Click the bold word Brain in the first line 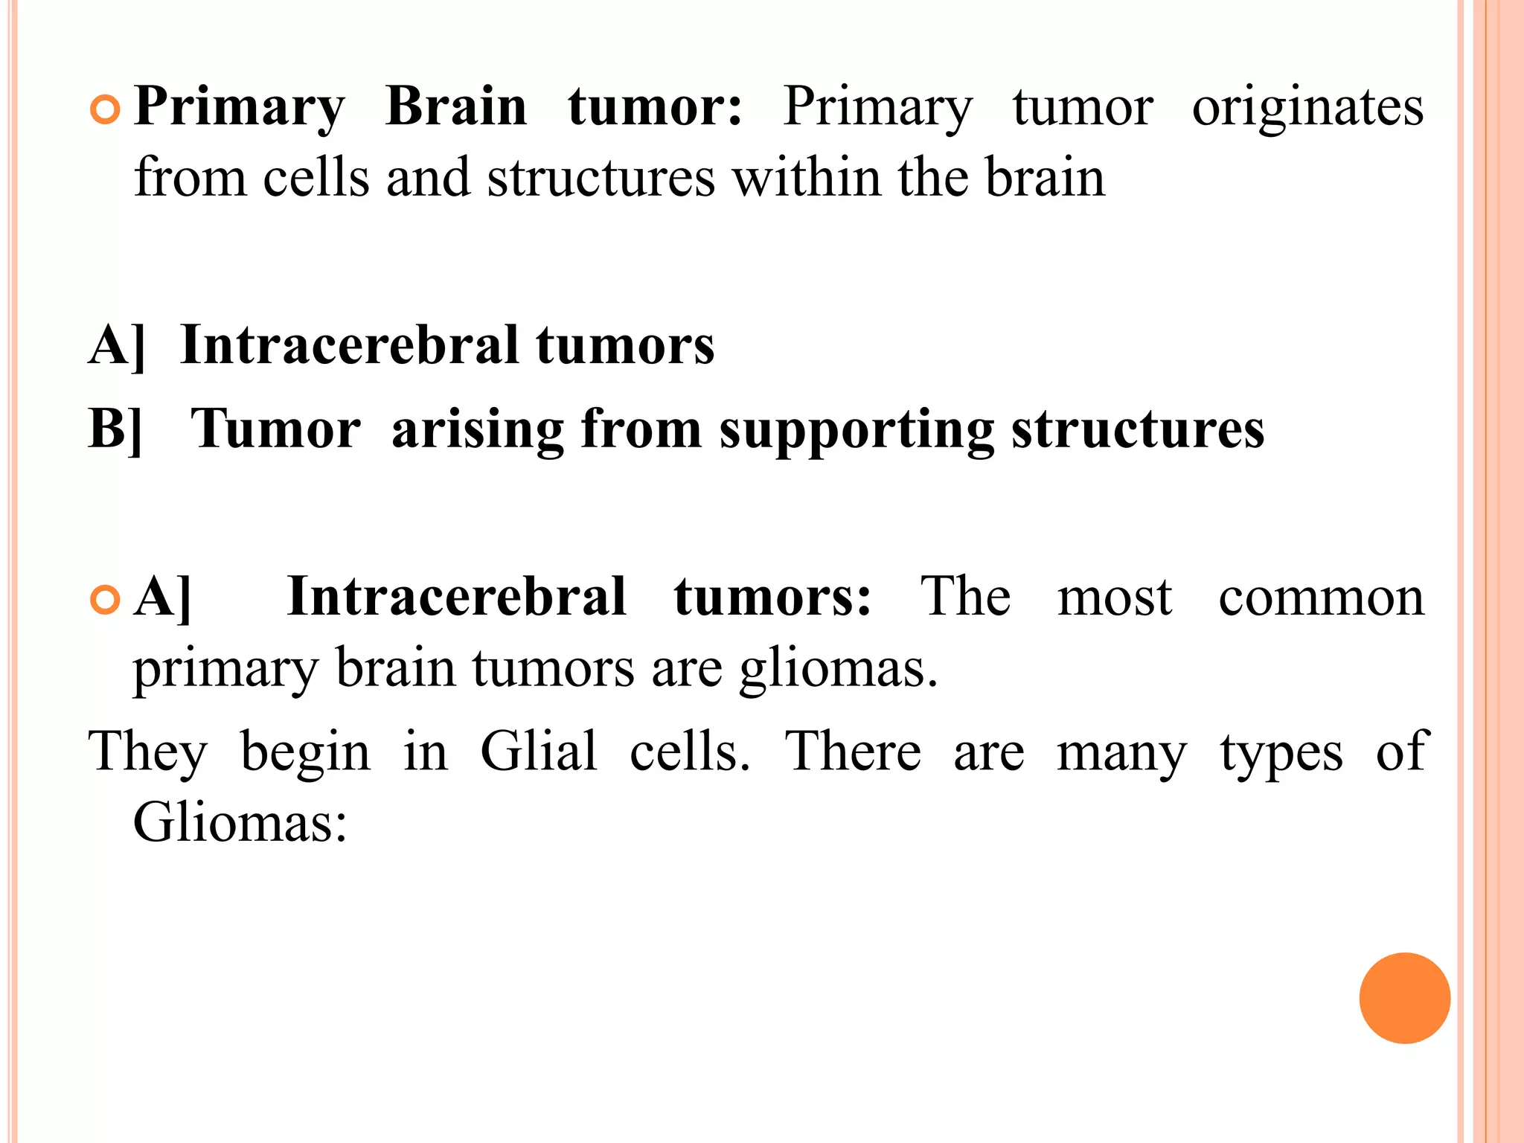pyautogui.click(x=456, y=106)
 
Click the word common pyautogui.click(x=1321, y=598)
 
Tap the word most pyautogui.click(x=1114, y=598)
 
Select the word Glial pyautogui.click(x=538, y=751)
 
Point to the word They pyautogui.click(x=147, y=752)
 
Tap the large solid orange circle pyautogui.click(x=1404, y=998)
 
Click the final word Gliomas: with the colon pyautogui.click(x=240, y=822)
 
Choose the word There pyautogui.click(x=853, y=751)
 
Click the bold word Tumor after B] pyautogui.click(x=275, y=429)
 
